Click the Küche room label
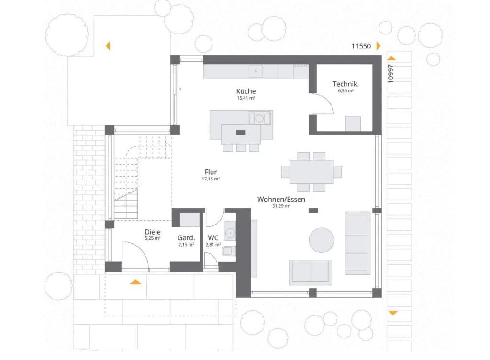pyautogui.click(x=245, y=91)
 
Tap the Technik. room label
pyautogui.click(x=345, y=84)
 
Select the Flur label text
pyautogui.click(x=211, y=172)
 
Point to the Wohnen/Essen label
pyautogui.click(x=281, y=199)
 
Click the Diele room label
pyautogui.click(x=153, y=232)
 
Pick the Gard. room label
pyautogui.click(x=186, y=238)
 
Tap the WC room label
pyautogui.click(x=213, y=238)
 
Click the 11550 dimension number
pyautogui.click(x=361, y=46)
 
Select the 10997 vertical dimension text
pyautogui.click(x=390, y=73)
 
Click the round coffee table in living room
pyautogui.click(x=321, y=240)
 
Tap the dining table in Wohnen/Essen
pyautogui.click(x=311, y=171)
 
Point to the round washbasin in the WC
pyautogui.click(x=230, y=233)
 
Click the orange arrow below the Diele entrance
pyautogui.click(x=135, y=282)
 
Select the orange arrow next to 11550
pyautogui.click(x=379, y=46)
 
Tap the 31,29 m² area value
pyautogui.click(x=281, y=206)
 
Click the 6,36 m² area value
pyautogui.click(x=345, y=91)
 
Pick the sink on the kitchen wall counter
pyautogui.click(x=256, y=71)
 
